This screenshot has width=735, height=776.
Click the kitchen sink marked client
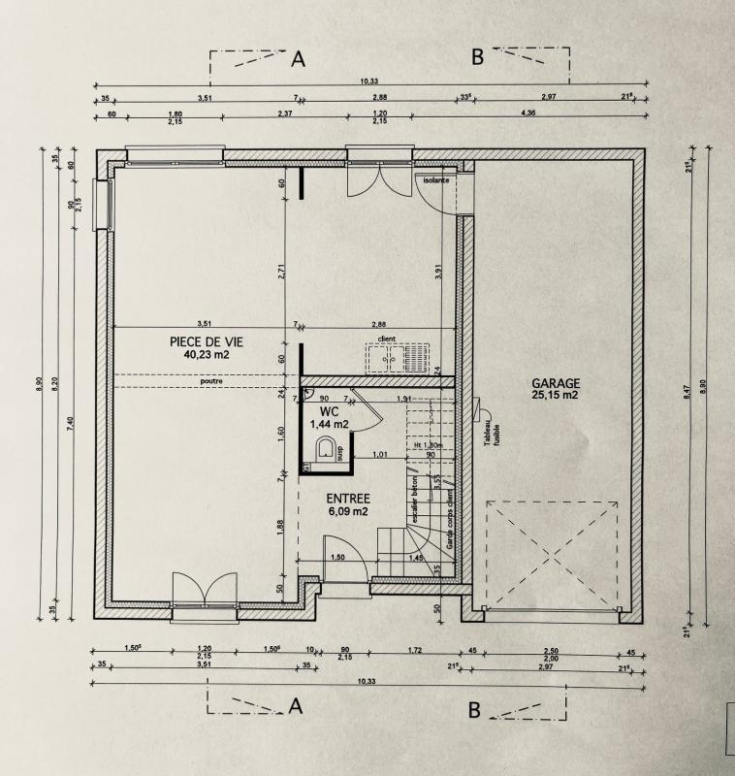click(399, 357)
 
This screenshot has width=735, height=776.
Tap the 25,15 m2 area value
click(555, 395)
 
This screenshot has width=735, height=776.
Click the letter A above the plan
click(299, 59)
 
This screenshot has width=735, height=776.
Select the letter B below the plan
click(474, 711)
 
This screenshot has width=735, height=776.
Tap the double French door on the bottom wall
click(205, 593)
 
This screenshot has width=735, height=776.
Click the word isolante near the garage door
click(435, 179)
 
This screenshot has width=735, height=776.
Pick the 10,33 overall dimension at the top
click(368, 81)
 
